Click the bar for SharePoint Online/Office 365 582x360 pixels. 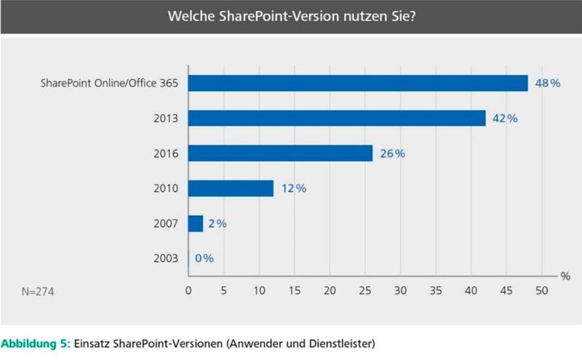point(358,84)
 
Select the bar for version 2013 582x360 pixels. point(337,119)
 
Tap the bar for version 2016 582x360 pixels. point(280,153)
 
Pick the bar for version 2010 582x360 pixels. point(231,188)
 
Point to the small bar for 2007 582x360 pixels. point(196,223)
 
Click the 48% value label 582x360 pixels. point(547,84)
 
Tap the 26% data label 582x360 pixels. point(391,153)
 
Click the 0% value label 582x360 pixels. point(204,258)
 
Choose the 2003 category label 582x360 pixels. point(165,258)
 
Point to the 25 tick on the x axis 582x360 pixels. point(364,291)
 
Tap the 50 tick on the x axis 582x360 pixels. point(541,291)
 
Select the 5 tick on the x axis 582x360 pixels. point(224,291)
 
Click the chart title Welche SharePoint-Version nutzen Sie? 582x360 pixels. point(291,16)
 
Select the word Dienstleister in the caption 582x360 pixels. point(343,342)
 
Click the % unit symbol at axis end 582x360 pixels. point(564,276)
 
